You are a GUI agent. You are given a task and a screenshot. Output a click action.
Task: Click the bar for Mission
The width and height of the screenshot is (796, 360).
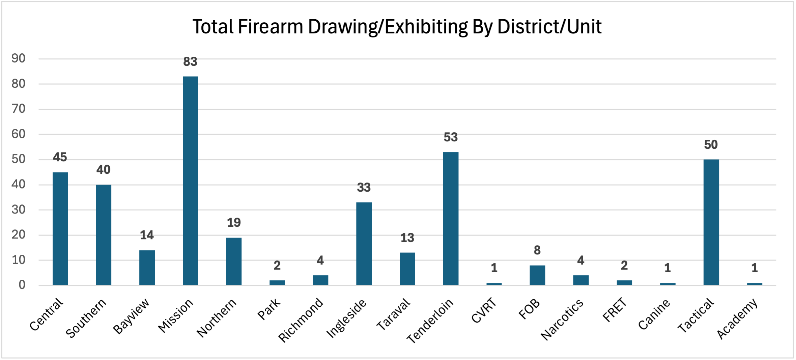click(x=190, y=181)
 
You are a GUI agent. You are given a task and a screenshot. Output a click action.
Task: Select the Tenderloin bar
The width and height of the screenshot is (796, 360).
click(x=451, y=218)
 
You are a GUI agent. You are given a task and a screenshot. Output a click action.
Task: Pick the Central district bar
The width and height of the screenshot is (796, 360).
click(x=60, y=228)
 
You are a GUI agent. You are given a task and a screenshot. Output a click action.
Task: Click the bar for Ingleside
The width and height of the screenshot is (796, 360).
click(x=364, y=244)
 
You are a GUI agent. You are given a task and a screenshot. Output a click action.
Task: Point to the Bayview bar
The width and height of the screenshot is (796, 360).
click(x=147, y=268)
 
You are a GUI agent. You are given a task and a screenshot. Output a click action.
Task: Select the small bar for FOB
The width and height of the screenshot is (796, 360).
click(x=537, y=275)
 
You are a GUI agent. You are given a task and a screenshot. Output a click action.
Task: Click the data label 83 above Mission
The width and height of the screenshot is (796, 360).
click(x=190, y=62)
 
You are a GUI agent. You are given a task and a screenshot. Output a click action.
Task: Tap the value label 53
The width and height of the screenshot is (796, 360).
click(x=451, y=137)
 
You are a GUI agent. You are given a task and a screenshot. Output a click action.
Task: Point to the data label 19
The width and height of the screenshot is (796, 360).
click(x=234, y=223)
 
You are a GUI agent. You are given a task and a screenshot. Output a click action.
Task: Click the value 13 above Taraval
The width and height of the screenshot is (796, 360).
click(x=407, y=238)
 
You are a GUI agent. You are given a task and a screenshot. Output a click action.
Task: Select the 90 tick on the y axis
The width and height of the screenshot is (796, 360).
click(x=19, y=59)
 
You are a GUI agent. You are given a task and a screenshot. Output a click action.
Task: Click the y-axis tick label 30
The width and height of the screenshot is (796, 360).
click(x=19, y=210)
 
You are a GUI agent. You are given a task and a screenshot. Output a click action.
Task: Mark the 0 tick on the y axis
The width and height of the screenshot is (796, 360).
click(x=22, y=285)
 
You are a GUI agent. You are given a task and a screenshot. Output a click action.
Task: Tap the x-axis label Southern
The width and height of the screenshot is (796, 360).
click(x=86, y=318)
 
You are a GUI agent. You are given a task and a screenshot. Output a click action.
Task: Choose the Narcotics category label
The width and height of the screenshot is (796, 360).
click(x=562, y=319)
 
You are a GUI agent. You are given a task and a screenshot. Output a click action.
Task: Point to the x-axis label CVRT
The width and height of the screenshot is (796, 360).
click(x=484, y=310)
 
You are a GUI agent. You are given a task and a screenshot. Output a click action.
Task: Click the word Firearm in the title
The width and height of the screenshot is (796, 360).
click(x=270, y=27)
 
